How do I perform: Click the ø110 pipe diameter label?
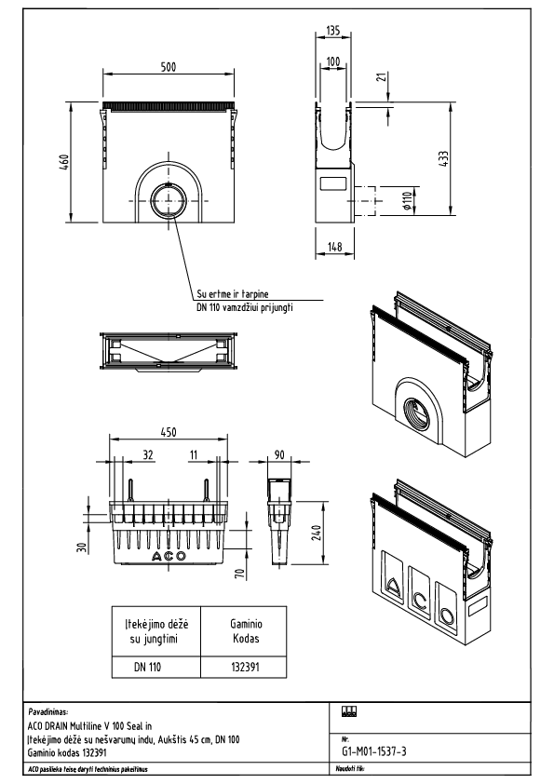click(x=407, y=199)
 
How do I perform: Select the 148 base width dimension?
click(x=334, y=247)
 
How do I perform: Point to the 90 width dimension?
click(x=279, y=456)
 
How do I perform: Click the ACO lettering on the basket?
click(x=168, y=556)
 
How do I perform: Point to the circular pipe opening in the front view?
click(x=169, y=200)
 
